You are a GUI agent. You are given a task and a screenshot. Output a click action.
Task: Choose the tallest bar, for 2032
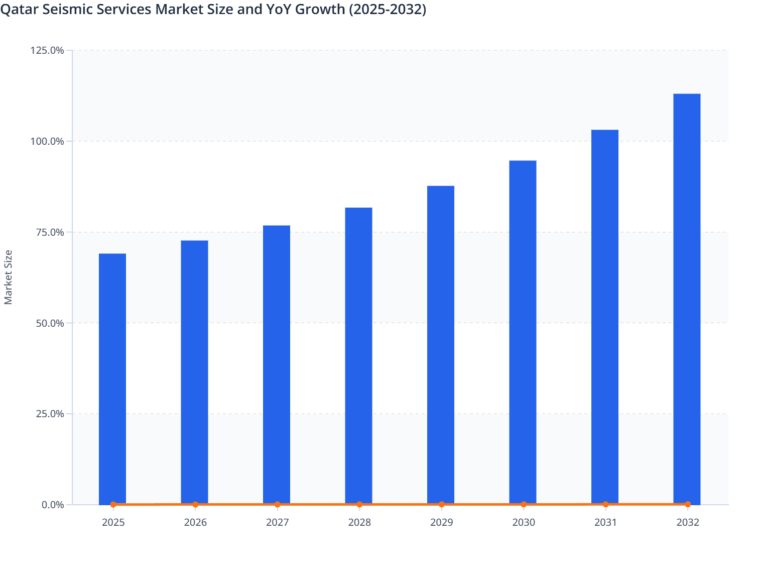687,299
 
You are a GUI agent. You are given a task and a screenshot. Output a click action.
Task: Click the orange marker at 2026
195,504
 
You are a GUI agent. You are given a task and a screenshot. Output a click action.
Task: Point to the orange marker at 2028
359,504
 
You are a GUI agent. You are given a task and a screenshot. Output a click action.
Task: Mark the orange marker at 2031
605,504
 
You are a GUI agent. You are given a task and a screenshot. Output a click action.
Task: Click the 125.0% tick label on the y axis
47,50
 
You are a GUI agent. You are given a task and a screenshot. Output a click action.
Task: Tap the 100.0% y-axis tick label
47,141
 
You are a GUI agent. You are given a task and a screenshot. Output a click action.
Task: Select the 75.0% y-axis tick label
50,232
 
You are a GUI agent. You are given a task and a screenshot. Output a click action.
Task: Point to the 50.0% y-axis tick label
50,323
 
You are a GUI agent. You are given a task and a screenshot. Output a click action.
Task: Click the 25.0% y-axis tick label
50,414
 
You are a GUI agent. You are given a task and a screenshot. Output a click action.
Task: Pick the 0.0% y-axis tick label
52,505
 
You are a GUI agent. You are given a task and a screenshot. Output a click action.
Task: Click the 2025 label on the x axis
113,522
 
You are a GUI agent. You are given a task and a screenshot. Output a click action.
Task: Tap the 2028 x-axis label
359,522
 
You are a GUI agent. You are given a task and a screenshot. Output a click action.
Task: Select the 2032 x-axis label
687,522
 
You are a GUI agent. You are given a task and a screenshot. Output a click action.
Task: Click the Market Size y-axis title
8,277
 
